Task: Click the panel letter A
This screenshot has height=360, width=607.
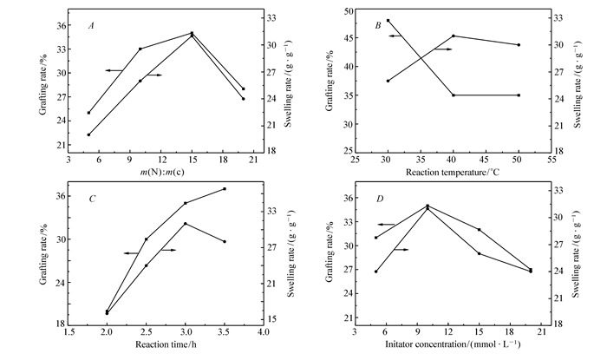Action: [91, 26]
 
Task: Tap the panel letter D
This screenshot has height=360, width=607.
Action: [380, 200]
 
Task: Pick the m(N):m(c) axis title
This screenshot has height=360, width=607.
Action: [160, 172]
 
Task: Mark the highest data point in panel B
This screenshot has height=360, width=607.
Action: [388, 20]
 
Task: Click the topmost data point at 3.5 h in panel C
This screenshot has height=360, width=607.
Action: [225, 188]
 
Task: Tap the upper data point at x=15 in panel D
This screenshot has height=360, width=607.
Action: [479, 229]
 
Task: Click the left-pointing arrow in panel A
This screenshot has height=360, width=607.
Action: [114, 69]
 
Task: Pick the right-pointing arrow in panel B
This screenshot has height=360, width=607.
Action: [444, 49]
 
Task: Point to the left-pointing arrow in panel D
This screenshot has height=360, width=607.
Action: [386, 225]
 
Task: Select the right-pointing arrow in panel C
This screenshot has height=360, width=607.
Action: [170, 250]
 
